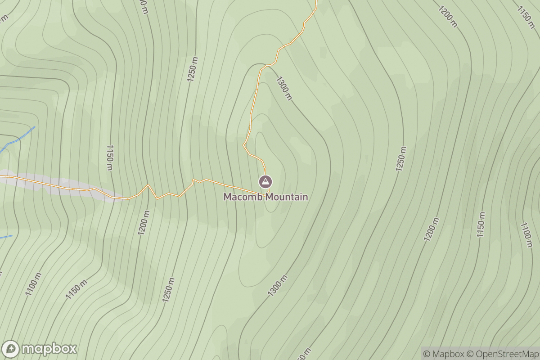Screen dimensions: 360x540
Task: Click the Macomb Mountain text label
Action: pos(266,197)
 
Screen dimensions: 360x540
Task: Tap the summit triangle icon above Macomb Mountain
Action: pos(265,182)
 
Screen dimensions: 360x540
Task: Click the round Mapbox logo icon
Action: pos(10,349)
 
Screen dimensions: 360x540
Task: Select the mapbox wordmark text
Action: pos(49,349)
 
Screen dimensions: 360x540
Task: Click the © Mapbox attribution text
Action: pos(443,353)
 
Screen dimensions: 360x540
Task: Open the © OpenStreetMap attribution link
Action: pos(502,353)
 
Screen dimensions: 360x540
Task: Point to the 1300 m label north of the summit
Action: pos(284,87)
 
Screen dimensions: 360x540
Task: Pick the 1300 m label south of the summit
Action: pos(277,286)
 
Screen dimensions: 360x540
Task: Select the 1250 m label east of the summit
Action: pos(401,159)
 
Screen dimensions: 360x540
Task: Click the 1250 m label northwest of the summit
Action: pos(193,69)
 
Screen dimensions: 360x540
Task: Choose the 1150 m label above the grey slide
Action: pos(109,157)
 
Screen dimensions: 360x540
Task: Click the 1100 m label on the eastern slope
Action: pos(526,234)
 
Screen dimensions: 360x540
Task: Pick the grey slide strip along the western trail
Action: pos(67,185)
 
